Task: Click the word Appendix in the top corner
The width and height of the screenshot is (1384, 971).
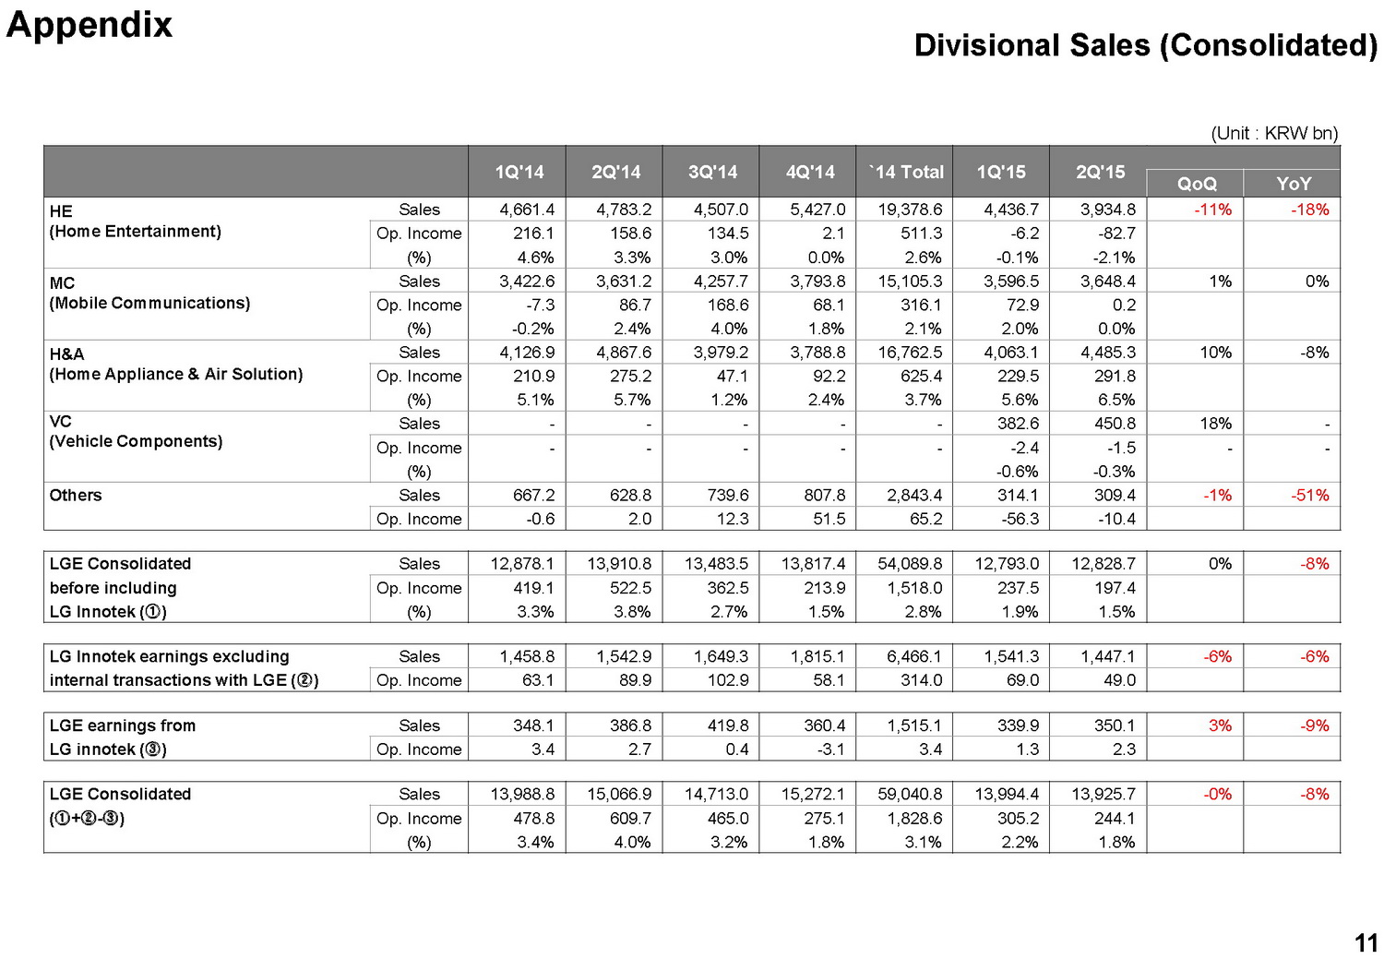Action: point(89,25)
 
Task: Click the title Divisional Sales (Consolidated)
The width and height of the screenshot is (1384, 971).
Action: point(1145,45)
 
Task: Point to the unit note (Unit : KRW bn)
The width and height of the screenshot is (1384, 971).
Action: point(1273,133)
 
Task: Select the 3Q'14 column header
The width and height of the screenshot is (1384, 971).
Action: point(712,172)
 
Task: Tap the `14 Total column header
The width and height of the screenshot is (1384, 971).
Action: point(906,172)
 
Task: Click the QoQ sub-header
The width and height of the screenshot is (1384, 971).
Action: point(1197,184)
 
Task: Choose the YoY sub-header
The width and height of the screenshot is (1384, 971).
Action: point(1293,184)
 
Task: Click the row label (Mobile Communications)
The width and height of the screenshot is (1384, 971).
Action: point(149,303)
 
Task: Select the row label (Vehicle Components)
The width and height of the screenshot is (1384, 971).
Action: point(136,441)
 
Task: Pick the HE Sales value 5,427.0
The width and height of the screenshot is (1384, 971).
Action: point(817,210)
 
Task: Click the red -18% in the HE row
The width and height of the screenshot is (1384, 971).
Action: point(1309,210)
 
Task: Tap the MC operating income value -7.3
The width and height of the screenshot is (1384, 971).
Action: point(540,305)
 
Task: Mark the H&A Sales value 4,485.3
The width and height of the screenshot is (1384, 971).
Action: point(1107,353)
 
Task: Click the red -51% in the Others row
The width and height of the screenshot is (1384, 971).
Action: point(1309,496)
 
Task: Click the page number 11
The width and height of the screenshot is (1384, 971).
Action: point(1366,942)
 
